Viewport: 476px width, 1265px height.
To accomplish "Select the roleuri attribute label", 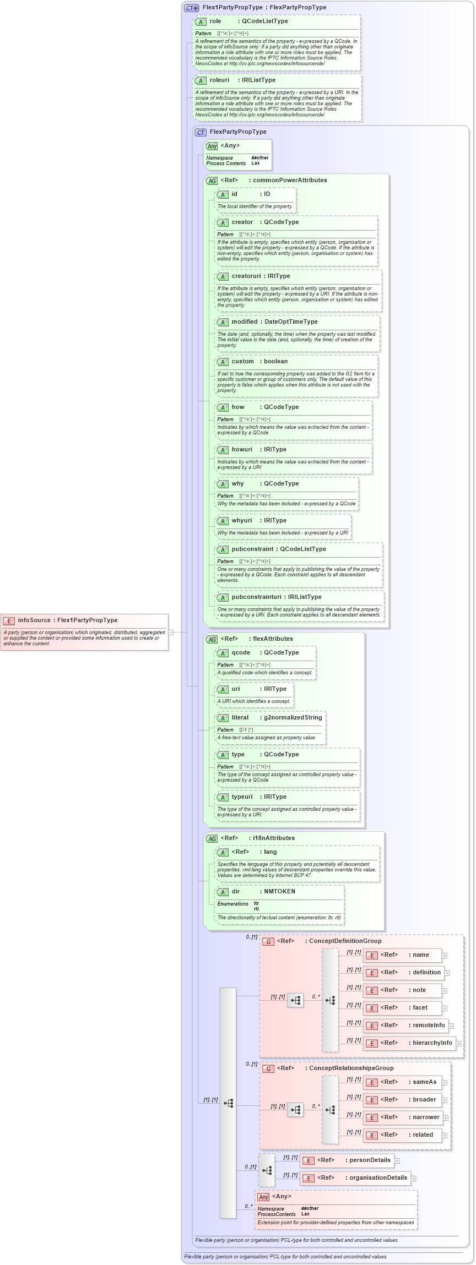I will pyautogui.click(x=219, y=80).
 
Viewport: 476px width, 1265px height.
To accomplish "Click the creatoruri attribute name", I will pyautogui.click(x=246, y=276).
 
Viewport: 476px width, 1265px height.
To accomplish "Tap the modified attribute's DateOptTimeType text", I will pyautogui.click(x=291, y=322).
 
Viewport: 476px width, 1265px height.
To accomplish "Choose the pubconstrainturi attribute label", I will pyautogui.click(x=276, y=597).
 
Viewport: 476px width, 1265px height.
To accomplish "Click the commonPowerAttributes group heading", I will pyautogui.click(x=289, y=181).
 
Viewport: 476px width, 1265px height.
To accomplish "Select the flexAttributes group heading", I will pyautogui.click(x=272, y=639).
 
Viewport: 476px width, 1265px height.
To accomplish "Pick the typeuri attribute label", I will pyautogui.click(x=242, y=797).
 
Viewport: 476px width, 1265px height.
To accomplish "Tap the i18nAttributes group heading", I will pyautogui.click(x=273, y=838).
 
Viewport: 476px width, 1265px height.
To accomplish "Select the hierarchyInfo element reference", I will pyautogui.click(x=432, y=1043).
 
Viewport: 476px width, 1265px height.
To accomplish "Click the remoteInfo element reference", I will pyautogui.click(x=429, y=1026).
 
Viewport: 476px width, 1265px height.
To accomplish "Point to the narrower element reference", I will pyautogui.click(x=426, y=1117).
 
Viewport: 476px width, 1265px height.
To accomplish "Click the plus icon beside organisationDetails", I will pyautogui.click(x=414, y=1179).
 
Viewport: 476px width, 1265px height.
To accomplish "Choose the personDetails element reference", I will pyautogui.click(x=369, y=1160).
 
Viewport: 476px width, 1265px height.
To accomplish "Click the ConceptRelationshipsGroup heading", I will pyautogui.click(x=350, y=1068).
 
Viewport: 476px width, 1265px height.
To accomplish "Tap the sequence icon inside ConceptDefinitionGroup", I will pyautogui.click(x=295, y=1001).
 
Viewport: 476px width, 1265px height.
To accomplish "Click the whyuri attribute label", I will pyautogui.click(x=241, y=521).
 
